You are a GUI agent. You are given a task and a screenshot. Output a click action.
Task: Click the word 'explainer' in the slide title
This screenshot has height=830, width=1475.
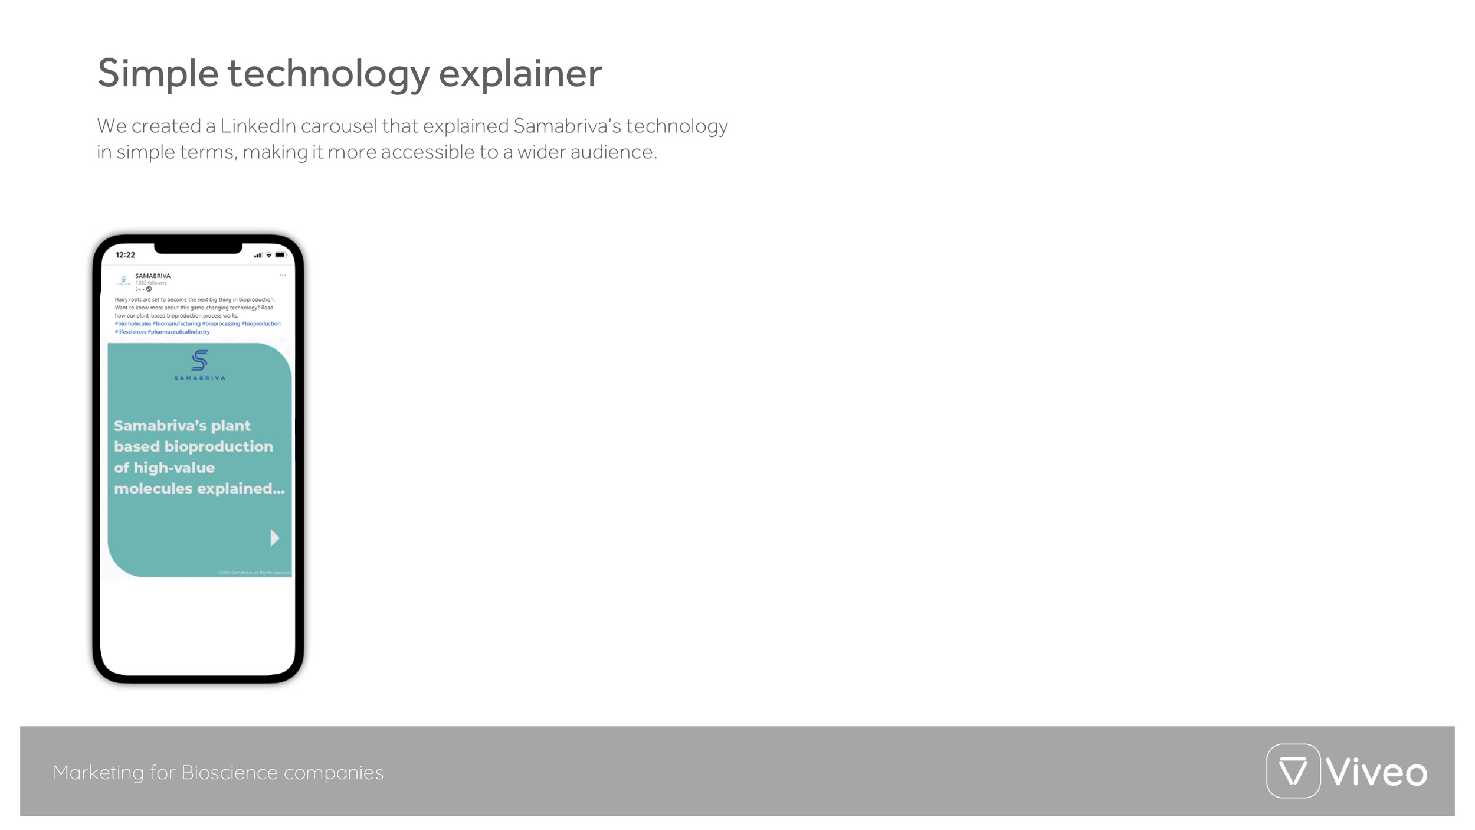point(520,73)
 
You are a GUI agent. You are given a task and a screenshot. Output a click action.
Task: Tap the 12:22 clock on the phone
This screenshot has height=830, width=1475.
point(125,255)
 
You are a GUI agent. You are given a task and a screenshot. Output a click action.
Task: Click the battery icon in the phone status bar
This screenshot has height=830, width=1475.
point(280,255)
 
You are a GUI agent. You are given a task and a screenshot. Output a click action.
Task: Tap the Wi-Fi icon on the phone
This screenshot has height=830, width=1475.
point(269,255)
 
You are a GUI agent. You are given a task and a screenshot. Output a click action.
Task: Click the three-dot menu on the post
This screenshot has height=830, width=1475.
point(283,275)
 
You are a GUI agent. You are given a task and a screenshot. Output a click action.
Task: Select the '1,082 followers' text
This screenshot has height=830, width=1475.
point(151,283)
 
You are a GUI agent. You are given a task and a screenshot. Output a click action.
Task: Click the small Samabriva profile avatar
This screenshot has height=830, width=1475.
point(123,280)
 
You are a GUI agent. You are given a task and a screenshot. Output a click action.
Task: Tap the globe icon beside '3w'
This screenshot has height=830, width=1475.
point(149,289)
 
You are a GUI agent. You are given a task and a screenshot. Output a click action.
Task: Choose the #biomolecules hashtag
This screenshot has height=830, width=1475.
point(133,323)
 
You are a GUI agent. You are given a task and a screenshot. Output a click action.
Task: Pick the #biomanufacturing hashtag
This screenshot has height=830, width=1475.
point(176,323)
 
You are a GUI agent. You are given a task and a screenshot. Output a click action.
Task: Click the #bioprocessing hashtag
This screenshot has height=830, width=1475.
point(221,323)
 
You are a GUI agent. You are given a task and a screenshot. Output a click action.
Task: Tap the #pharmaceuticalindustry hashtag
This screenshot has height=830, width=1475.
point(179,332)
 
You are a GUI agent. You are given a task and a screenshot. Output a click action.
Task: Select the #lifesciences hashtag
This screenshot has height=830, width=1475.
point(130,332)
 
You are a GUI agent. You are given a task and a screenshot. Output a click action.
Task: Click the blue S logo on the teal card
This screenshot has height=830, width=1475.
point(199,360)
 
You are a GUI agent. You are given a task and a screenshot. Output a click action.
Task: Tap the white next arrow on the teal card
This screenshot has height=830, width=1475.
point(274,538)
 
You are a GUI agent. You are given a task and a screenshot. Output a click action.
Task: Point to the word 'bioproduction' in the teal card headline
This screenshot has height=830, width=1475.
point(218,446)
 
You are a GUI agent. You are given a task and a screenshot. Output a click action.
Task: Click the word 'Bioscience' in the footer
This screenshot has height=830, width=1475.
point(229,773)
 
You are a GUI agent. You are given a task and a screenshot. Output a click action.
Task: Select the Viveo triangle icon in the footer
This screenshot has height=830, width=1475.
point(1293,771)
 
